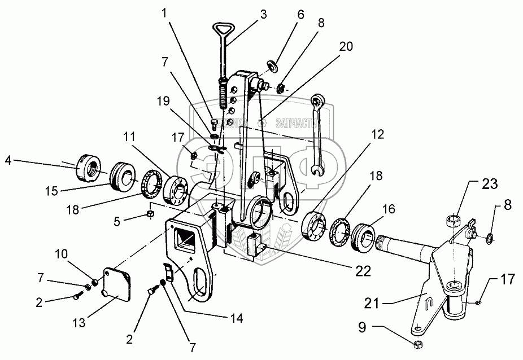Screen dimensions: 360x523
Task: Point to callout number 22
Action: [x=363, y=271]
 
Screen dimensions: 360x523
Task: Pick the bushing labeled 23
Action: [x=452, y=219]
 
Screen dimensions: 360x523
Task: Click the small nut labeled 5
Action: [x=151, y=214]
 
